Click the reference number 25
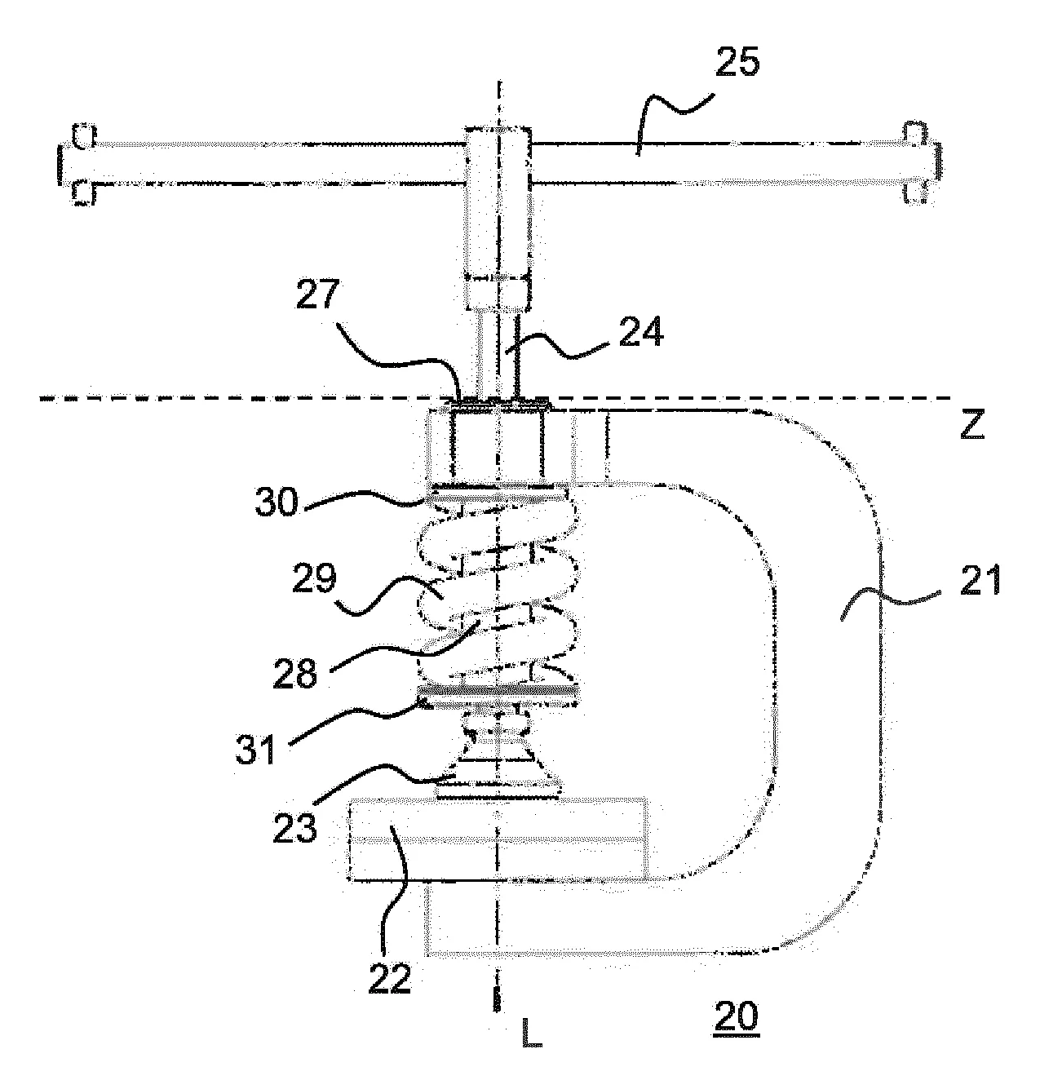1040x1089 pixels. [x=738, y=62]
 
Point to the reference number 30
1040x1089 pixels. [x=277, y=502]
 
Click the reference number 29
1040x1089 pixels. [x=314, y=578]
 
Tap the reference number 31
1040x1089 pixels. [x=255, y=750]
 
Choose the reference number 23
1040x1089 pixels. [x=294, y=828]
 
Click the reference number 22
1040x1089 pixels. [x=389, y=978]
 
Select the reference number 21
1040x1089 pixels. [x=980, y=580]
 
